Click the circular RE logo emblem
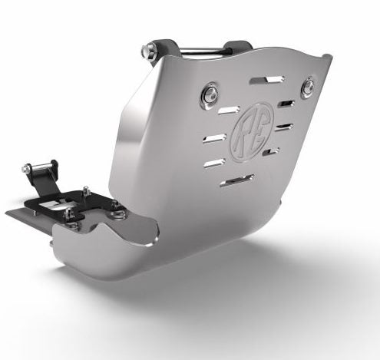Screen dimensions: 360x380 (x=253, y=125)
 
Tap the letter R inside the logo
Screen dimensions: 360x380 (x=246, y=125)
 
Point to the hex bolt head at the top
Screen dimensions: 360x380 (x=147, y=51)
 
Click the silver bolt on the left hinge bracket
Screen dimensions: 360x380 (x=28, y=168)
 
